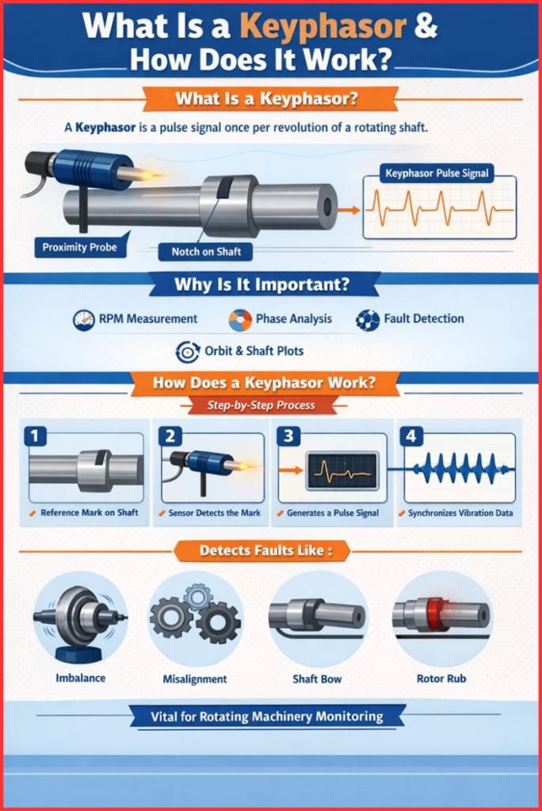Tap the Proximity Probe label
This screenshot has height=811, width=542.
(x=79, y=247)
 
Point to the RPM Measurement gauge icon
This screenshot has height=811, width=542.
(x=82, y=319)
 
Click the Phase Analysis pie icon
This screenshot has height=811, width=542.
(x=240, y=319)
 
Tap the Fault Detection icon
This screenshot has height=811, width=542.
(x=367, y=319)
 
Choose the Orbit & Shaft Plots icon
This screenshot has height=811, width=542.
(x=187, y=351)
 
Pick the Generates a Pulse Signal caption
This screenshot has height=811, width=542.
(x=333, y=513)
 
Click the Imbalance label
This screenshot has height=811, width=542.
(x=80, y=678)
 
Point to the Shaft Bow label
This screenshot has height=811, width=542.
(x=316, y=679)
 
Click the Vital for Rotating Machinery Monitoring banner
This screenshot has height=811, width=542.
(x=266, y=717)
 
